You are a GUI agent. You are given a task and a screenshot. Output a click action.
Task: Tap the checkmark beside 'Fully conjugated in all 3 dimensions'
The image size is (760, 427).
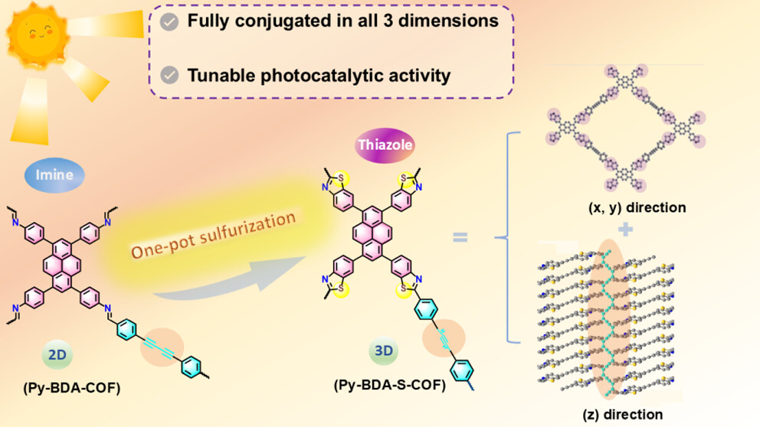tap(169, 21)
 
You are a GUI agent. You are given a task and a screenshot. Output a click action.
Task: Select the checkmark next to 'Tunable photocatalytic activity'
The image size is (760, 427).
tap(169, 76)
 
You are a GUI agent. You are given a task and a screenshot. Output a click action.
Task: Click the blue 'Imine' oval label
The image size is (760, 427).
tap(54, 174)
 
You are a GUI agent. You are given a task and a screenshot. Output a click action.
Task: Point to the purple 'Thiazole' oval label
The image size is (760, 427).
tap(385, 145)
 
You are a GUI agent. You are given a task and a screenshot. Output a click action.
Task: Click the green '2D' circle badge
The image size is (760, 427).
tap(57, 354)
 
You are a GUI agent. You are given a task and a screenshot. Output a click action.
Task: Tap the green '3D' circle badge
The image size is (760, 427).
tap(383, 350)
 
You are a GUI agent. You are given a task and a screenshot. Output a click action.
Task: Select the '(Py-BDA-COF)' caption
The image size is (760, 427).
tap(72, 388)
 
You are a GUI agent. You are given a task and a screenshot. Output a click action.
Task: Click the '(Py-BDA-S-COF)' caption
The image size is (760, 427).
tap(390, 385)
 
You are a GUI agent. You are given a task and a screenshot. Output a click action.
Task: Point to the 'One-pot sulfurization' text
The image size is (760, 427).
tap(213, 234)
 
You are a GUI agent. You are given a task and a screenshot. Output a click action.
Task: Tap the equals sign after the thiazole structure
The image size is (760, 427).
tap(460, 236)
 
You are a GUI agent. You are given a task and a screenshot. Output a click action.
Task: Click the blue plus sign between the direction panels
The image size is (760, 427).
tap(625, 229)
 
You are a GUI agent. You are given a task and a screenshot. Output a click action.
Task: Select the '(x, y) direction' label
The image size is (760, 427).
tap(637, 207)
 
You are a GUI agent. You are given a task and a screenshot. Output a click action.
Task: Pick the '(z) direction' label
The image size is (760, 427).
tap(623, 415)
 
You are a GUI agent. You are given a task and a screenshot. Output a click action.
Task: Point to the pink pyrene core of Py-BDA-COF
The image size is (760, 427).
tap(62, 266)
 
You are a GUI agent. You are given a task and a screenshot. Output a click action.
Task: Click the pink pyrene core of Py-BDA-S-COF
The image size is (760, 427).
tap(372, 233)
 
